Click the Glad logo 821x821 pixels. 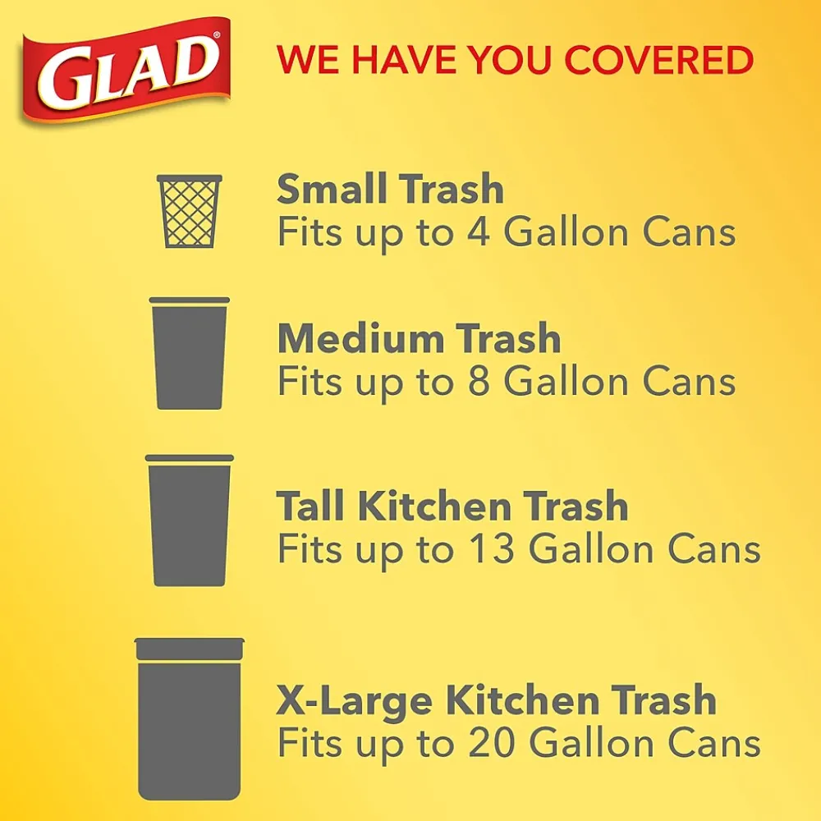click(x=125, y=69)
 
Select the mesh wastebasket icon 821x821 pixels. click(x=190, y=211)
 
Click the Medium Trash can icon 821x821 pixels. click(x=190, y=355)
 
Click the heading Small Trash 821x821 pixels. click(x=390, y=190)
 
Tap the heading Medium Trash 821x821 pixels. click(x=419, y=339)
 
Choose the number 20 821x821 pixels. click(x=490, y=744)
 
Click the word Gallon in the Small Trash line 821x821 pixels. click(x=566, y=233)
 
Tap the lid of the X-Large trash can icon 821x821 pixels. click(x=190, y=649)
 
